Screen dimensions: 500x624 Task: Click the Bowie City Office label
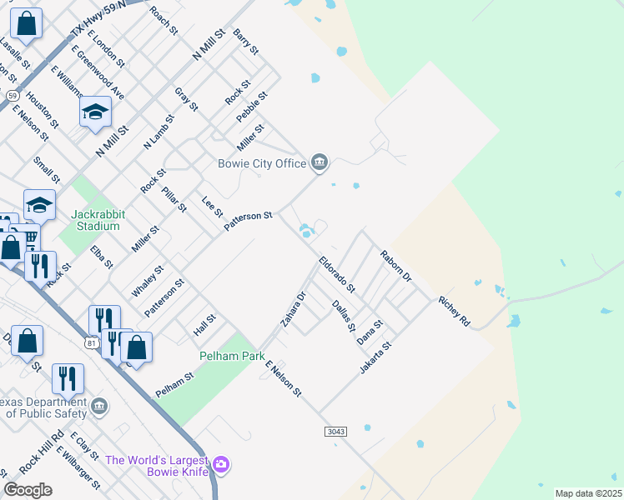pyautogui.click(x=262, y=163)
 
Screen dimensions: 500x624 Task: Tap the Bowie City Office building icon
pyautogui.click(x=319, y=162)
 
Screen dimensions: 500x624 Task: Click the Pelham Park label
pyautogui.click(x=231, y=356)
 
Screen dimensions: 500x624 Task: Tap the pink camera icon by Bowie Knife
pyautogui.click(x=221, y=463)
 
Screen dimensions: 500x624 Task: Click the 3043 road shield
pyautogui.click(x=335, y=430)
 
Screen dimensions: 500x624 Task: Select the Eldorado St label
pyautogui.click(x=337, y=275)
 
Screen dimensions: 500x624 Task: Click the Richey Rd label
pyautogui.click(x=455, y=310)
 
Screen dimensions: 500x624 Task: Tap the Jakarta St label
pyautogui.click(x=376, y=357)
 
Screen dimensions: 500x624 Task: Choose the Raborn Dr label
pyautogui.click(x=396, y=264)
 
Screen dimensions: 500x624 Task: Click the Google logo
pyautogui.click(x=28, y=490)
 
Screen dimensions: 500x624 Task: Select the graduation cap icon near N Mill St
pyautogui.click(x=95, y=112)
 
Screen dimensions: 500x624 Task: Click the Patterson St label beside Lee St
pyautogui.click(x=249, y=222)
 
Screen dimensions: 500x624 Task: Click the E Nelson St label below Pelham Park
pyautogui.click(x=283, y=378)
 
